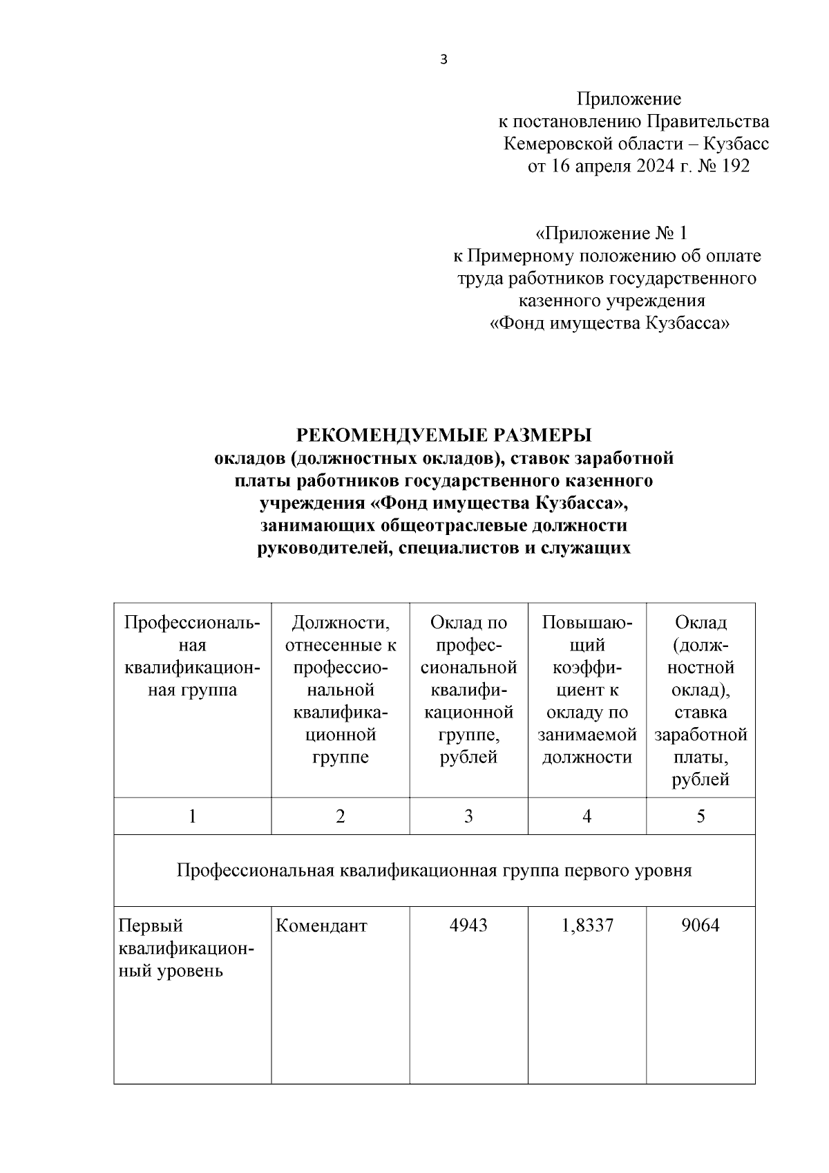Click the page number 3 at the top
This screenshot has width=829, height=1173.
coord(444,60)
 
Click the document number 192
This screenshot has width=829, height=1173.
coord(734,167)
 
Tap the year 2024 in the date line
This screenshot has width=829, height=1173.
coord(651,167)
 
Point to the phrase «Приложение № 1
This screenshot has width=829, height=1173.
coord(611,233)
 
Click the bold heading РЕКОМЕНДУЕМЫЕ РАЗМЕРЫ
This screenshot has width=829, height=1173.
coord(444,435)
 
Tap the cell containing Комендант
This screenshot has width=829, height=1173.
coord(321,925)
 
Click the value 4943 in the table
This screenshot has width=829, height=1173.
coord(468,925)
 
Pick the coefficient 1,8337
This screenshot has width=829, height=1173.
coord(587,925)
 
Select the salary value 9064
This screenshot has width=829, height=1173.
coord(701,925)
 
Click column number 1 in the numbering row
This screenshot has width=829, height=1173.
coord(192,816)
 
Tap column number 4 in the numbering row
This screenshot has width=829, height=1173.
coord(587,816)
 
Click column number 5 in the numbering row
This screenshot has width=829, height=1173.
coord(701,816)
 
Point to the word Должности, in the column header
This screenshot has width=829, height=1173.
coord(340,623)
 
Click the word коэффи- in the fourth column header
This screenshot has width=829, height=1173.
coord(587,668)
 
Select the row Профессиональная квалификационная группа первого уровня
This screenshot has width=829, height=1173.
coord(434,870)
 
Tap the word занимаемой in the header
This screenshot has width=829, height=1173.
coord(587,735)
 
